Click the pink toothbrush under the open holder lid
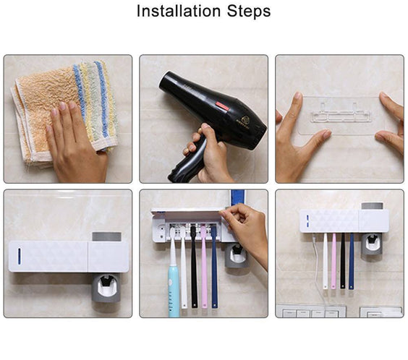click(204, 267)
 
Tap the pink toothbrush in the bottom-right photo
click(333, 260)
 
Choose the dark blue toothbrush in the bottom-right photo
click(352, 260)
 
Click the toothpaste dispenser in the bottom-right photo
click(371, 242)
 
